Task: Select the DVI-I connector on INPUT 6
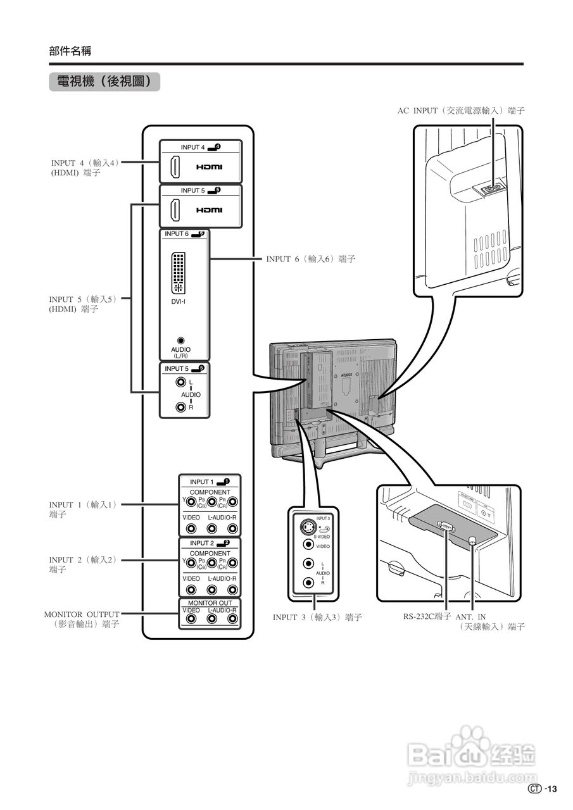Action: pos(180,273)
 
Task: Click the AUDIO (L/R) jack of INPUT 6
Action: pos(181,340)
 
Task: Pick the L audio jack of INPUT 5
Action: pos(182,383)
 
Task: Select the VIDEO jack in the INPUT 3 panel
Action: pos(308,544)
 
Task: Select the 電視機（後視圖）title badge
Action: pos(104,82)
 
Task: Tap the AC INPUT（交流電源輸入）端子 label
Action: pos(461,111)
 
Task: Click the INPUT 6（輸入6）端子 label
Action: pos(310,259)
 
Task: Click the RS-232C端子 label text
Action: pos(427,616)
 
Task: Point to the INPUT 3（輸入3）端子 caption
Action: pos(317,618)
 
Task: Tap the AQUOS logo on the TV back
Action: pos(346,375)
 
